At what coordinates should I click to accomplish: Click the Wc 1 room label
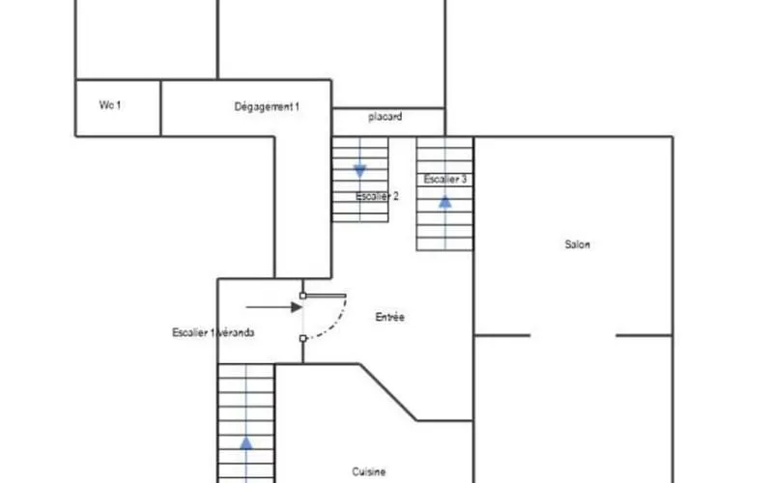click(x=110, y=105)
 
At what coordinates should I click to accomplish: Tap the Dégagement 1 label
click(x=267, y=106)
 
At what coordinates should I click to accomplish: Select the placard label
click(x=385, y=117)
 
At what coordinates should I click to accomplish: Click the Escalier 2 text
click(x=377, y=196)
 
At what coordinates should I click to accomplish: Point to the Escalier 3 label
click(x=445, y=179)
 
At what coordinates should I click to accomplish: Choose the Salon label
click(x=577, y=244)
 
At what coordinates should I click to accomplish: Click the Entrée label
click(x=390, y=317)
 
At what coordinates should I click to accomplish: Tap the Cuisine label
click(x=369, y=471)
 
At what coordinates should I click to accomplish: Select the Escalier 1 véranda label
click(x=213, y=332)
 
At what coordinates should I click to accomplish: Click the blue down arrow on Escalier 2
click(x=359, y=172)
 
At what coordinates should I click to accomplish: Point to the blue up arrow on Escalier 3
click(x=445, y=202)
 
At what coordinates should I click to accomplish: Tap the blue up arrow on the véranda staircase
click(x=246, y=443)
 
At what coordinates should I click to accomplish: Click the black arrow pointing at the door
click(x=274, y=307)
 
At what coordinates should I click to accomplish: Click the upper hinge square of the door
click(x=302, y=296)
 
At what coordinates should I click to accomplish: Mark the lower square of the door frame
click(x=302, y=339)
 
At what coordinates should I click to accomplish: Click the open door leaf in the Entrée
click(x=326, y=296)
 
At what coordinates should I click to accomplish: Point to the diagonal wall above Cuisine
click(x=388, y=392)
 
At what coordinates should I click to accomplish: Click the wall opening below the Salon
click(x=573, y=335)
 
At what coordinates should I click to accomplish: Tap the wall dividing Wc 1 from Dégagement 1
click(x=160, y=108)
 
